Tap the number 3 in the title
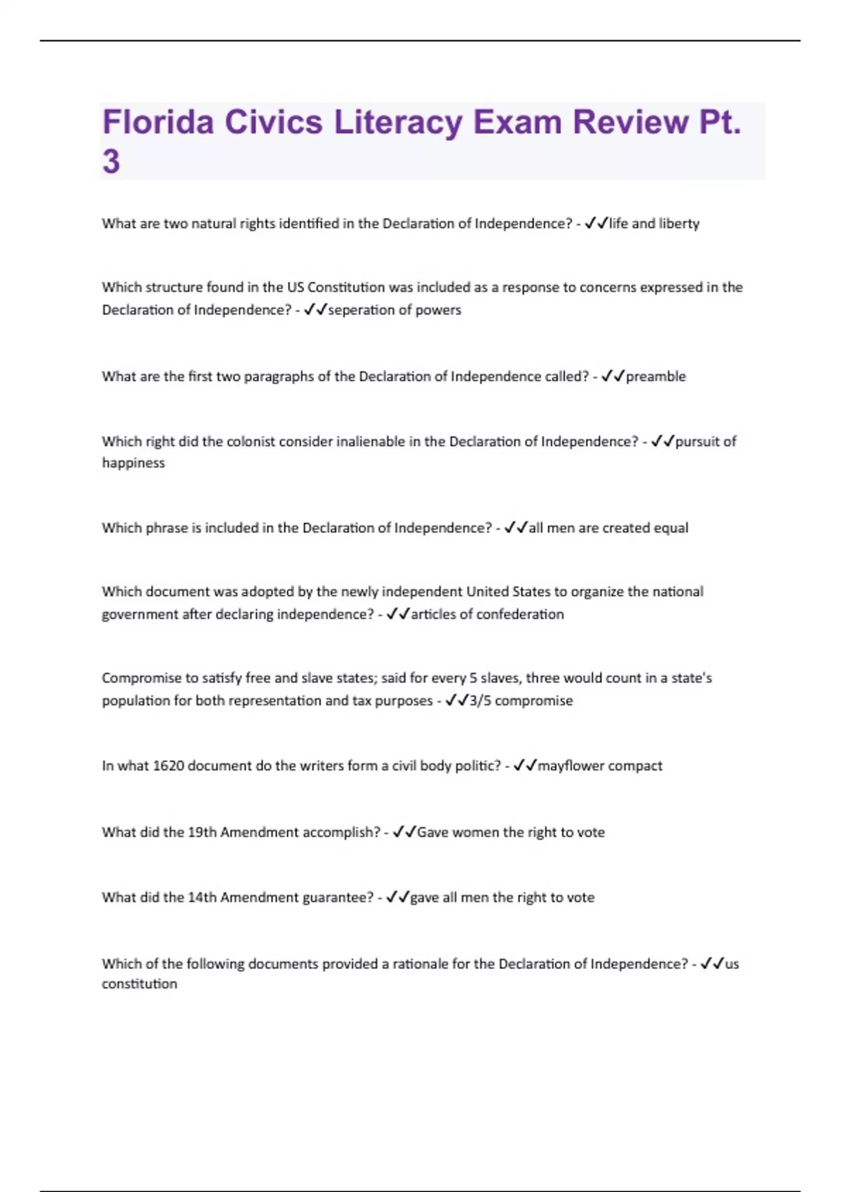(x=111, y=161)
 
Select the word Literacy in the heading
(x=398, y=122)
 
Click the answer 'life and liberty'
(x=654, y=224)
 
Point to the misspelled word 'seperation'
(x=360, y=310)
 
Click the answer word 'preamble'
(x=655, y=377)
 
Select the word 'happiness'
(x=133, y=463)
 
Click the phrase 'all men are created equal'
(x=608, y=528)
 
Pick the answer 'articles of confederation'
(x=487, y=614)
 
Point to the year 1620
(x=168, y=766)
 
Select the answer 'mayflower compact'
(x=599, y=766)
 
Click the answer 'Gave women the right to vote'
(x=510, y=832)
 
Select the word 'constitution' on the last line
(x=139, y=984)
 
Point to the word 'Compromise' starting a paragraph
(x=142, y=678)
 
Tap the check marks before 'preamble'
(x=613, y=377)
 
